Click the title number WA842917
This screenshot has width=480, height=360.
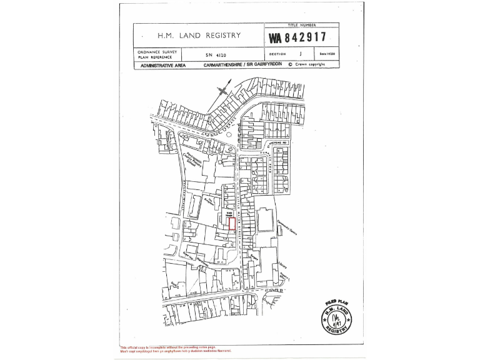tap(302, 37)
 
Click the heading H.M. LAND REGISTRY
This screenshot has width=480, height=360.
tap(199, 36)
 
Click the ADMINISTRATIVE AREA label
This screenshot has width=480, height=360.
tap(163, 65)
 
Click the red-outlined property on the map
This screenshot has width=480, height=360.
tap(232, 223)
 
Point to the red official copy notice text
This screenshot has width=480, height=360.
tap(176, 349)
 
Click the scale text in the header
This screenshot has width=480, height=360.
tap(327, 54)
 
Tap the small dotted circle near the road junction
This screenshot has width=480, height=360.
tap(228, 134)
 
